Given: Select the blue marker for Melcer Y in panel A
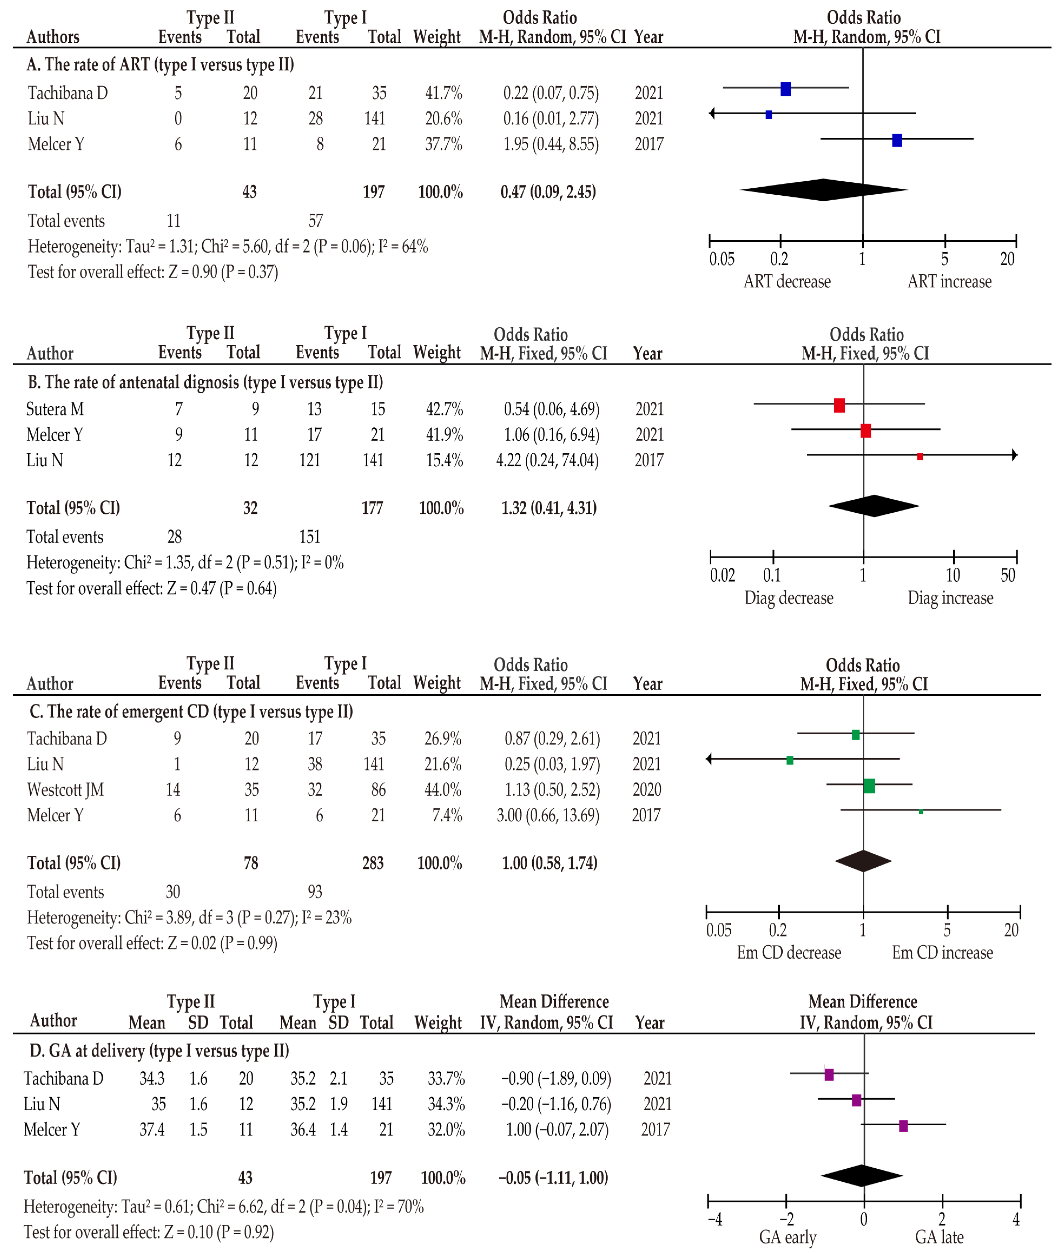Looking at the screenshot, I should [897, 140].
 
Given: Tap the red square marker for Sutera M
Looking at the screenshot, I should [839, 406].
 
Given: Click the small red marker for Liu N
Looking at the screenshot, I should [920, 457].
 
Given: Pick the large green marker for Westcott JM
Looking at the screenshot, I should [869, 785].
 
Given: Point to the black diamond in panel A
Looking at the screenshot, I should [824, 190].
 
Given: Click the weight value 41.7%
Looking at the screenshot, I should [444, 93].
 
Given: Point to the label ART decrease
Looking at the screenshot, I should [787, 281].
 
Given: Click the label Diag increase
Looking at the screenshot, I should [950, 598].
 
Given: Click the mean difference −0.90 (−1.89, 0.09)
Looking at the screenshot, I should [556, 1078].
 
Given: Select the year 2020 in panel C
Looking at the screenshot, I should [647, 790].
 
